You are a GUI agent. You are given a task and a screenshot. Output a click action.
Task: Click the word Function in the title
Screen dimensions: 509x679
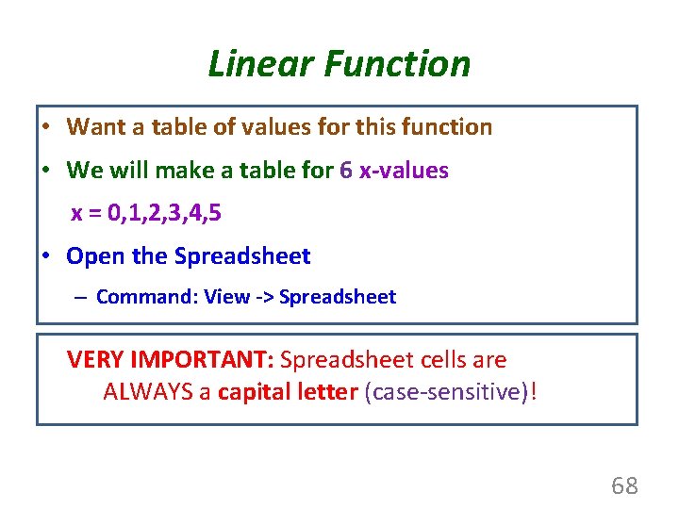[396, 64]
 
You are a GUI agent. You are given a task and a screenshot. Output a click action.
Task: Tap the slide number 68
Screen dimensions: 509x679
[624, 486]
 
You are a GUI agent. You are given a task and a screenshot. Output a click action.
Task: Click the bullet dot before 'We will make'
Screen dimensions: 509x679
[45, 171]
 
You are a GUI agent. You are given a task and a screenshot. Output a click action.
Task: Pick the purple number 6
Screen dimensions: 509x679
[346, 171]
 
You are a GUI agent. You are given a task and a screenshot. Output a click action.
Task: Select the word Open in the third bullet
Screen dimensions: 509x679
[91, 256]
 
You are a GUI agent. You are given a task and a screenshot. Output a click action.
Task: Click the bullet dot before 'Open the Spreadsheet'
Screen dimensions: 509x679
[45, 256]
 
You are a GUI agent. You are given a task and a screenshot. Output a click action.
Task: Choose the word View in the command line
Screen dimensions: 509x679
[226, 297]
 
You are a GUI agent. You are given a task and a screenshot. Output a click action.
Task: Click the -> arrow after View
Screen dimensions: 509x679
[265, 297]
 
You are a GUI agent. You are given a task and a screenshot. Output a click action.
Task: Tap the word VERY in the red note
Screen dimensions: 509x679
[96, 360]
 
